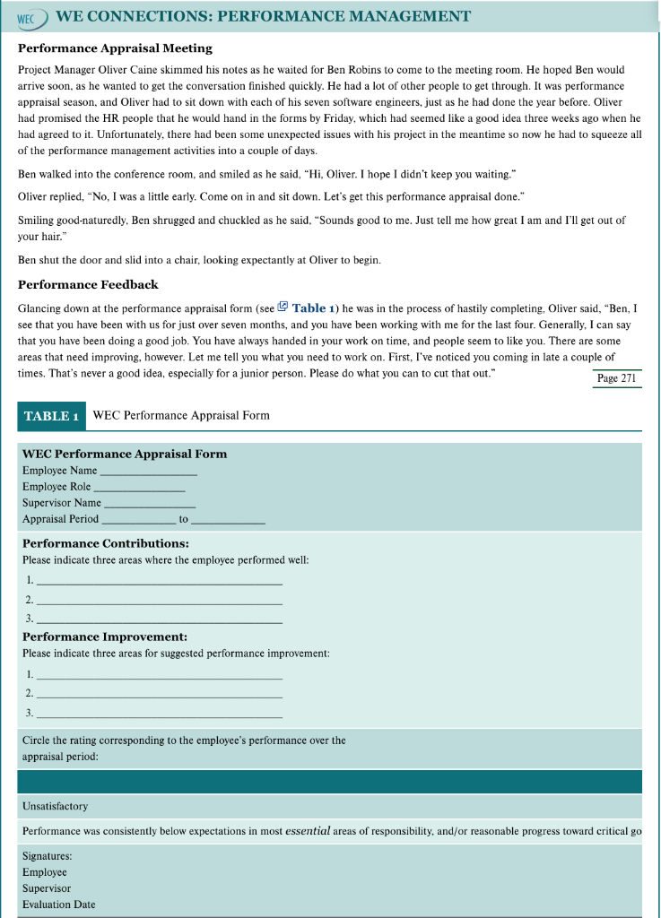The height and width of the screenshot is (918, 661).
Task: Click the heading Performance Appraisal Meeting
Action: pos(115,48)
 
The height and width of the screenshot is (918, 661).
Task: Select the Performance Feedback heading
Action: pos(88,284)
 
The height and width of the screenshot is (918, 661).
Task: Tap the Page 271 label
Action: pos(617,378)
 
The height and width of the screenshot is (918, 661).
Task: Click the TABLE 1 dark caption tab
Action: pos(51,416)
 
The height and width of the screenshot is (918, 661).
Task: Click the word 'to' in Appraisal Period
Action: pos(184,519)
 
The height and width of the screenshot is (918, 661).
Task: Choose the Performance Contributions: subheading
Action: pos(105,543)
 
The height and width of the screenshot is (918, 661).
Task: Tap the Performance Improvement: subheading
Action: pos(104,637)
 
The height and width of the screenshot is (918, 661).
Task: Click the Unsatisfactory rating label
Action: pos(55,806)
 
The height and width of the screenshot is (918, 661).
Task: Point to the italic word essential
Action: pos(308,831)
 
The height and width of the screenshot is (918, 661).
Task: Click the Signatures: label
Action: pos(47,856)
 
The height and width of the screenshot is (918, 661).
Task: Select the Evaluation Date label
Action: pos(58,905)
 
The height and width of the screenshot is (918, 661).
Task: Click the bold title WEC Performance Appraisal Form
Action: pos(124,454)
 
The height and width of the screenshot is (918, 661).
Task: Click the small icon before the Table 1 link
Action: pos(283,307)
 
